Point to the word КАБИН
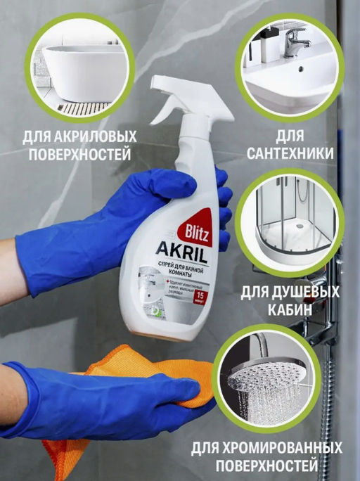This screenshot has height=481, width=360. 290,310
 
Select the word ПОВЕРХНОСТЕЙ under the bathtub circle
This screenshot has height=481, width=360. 78,153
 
